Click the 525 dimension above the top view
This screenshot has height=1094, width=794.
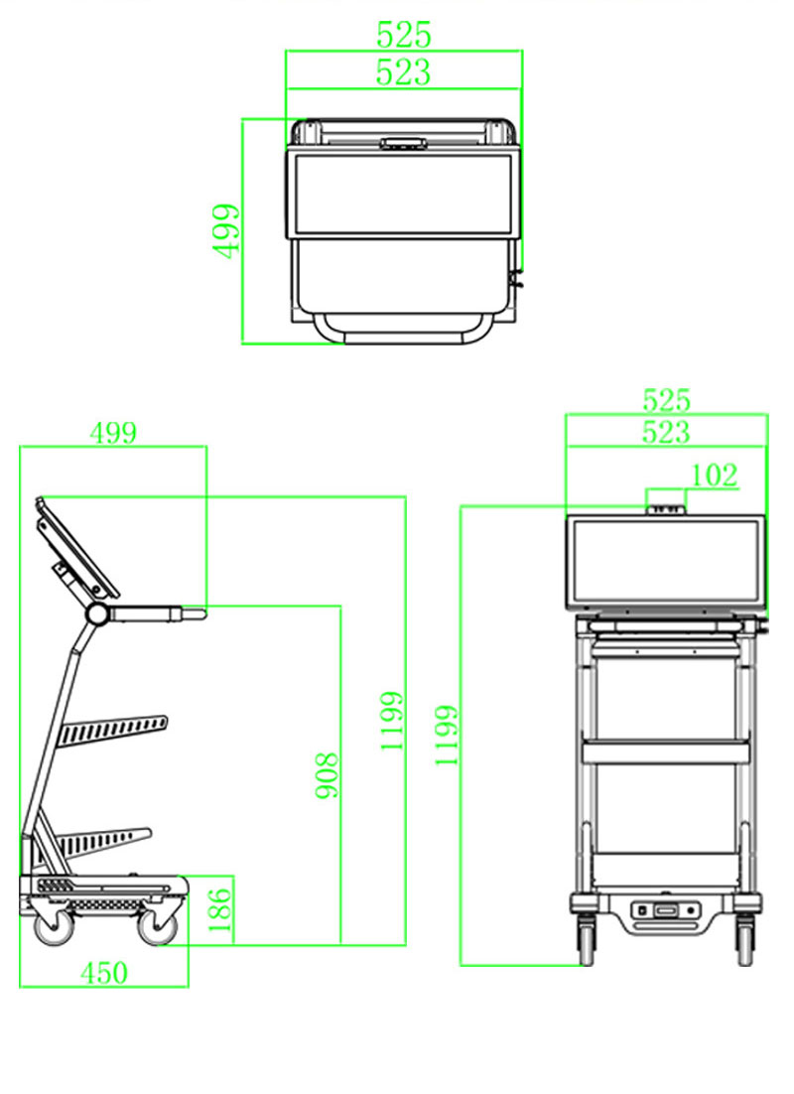404,36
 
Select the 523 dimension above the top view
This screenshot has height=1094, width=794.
404,71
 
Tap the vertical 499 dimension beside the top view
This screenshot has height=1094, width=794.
228,231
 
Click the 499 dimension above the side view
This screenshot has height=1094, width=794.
113,433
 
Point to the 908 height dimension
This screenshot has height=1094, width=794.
327,775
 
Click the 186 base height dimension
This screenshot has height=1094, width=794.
220,909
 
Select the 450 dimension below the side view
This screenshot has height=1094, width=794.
103,973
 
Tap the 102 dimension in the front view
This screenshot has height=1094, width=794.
715,476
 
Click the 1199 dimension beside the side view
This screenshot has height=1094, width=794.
392,720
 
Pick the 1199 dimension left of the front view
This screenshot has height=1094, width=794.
448,735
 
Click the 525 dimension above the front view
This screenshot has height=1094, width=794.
666,400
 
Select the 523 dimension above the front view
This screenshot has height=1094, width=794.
666,432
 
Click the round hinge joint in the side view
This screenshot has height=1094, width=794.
97,614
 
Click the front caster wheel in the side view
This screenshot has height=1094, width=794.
157,927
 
